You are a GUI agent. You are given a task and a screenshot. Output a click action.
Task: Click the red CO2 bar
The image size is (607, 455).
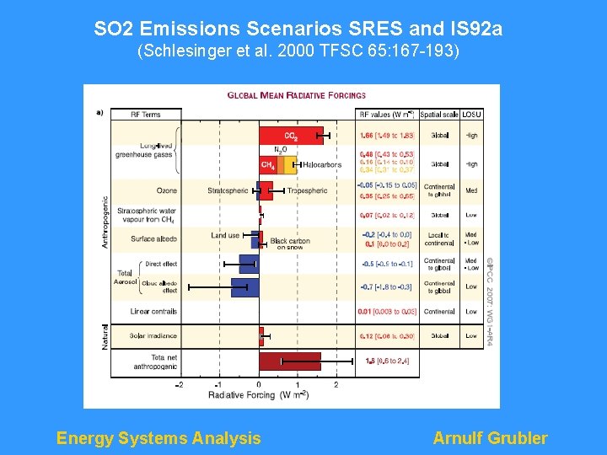290,135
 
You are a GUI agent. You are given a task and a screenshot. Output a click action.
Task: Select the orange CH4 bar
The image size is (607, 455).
268,165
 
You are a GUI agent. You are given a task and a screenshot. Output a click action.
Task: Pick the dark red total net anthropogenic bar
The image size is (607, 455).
289,361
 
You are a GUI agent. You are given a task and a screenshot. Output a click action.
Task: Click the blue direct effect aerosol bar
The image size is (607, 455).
249,264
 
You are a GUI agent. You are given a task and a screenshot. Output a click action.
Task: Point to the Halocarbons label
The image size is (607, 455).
321,165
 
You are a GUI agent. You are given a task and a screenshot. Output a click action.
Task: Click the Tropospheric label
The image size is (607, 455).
307,191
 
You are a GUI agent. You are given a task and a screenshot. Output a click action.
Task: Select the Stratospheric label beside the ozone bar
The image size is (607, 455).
228,191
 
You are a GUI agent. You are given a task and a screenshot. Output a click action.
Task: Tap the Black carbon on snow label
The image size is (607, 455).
290,244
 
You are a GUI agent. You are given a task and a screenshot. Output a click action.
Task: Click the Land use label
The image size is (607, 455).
225,236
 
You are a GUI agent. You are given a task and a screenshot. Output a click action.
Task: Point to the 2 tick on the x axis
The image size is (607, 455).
336,385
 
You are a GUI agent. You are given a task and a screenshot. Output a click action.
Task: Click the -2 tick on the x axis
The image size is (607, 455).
179,385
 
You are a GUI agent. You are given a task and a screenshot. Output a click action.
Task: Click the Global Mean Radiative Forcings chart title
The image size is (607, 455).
297,96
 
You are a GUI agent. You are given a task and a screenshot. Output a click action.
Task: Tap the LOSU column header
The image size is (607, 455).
471,114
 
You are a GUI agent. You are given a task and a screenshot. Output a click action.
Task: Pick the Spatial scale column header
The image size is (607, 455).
439,114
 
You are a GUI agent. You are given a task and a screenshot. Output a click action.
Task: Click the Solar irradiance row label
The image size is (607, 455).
153,336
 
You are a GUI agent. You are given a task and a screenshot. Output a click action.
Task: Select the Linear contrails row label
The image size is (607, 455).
153,312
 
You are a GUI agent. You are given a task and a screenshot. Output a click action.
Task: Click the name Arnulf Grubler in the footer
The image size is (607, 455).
490,438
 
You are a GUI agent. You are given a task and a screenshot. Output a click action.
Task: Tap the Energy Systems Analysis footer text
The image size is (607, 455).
158,438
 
